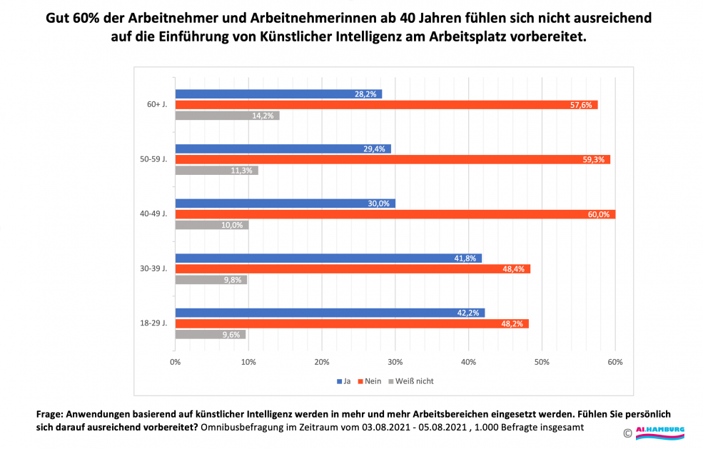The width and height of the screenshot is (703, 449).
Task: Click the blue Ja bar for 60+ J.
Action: (x=278, y=94)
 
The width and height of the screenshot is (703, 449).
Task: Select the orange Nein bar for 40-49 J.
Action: (x=395, y=214)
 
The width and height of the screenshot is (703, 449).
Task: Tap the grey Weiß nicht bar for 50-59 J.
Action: (x=216, y=171)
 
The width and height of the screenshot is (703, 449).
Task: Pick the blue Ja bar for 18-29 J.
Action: (x=330, y=313)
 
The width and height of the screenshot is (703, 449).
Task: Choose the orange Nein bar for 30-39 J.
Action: (x=353, y=269)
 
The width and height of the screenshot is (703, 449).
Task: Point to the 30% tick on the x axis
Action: (x=395, y=362)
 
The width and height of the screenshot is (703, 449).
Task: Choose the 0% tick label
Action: (x=175, y=362)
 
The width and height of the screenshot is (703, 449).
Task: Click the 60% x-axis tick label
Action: (x=615, y=362)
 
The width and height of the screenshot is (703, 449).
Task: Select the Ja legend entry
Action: (x=343, y=381)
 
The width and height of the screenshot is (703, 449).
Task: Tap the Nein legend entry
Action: (x=368, y=381)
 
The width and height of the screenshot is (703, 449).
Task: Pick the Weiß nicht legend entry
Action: (x=411, y=381)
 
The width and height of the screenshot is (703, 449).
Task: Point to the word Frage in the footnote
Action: (x=49, y=414)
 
